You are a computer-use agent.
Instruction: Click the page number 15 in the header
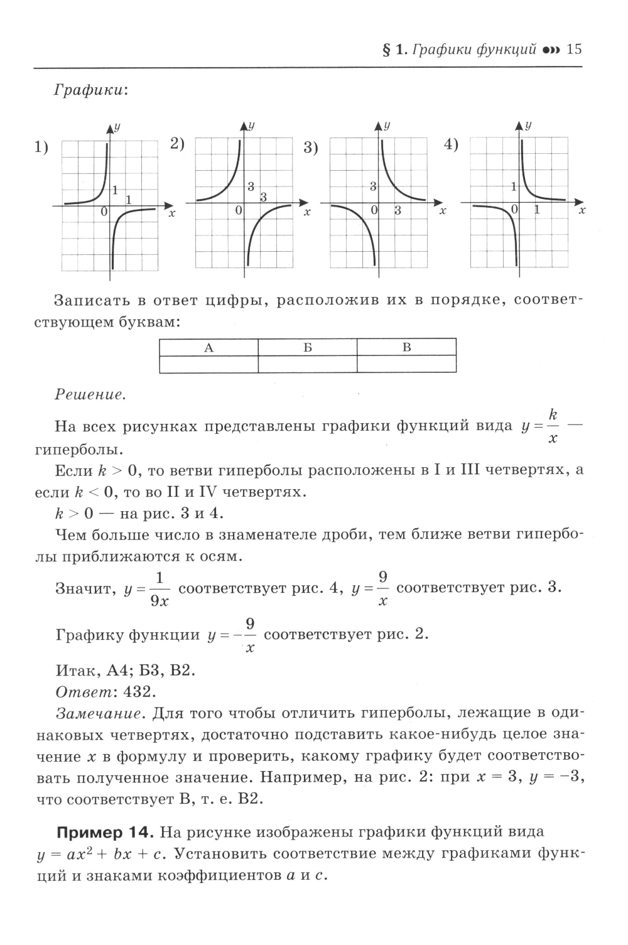(x=575, y=49)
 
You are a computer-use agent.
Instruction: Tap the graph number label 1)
(x=41, y=148)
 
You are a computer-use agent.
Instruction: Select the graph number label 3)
(x=311, y=148)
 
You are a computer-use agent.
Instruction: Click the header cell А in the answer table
(x=209, y=348)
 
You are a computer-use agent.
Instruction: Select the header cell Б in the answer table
(x=308, y=348)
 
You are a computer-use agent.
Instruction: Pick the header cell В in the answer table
(x=406, y=348)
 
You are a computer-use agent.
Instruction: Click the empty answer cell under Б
(x=308, y=364)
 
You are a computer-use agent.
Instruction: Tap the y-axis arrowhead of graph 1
(x=111, y=127)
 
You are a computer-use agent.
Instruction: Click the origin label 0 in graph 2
(x=239, y=212)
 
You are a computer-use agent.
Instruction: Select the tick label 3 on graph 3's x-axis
(x=398, y=211)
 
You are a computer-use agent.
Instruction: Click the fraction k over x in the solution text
(x=553, y=427)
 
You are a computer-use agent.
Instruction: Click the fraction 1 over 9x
(x=160, y=589)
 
